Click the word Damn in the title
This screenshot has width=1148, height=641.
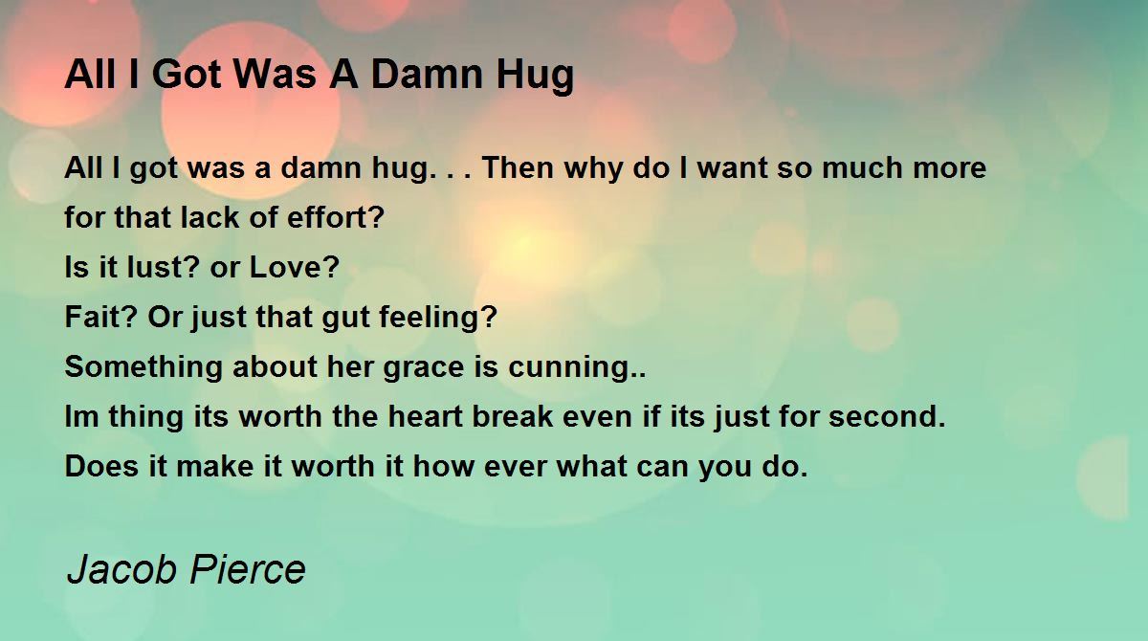click(x=427, y=75)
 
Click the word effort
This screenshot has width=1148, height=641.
click(x=335, y=217)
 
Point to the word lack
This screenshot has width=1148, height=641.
click(x=210, y=217)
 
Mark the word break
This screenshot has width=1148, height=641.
click(x=513, y=415)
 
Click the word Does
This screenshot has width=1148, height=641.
click(x=101, y=466)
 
